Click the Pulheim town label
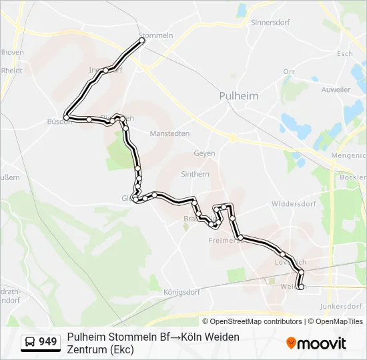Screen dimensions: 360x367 (x=238, y=96)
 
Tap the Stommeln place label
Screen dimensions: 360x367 (x=155, y=35)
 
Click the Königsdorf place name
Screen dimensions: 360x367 (x=181, y=292)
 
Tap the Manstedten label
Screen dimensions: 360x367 (x=169, y=133)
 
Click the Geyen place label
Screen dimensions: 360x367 (x=204, y=153)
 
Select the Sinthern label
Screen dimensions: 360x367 (x=195, y=174)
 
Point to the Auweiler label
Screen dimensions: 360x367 (x=335, y=89)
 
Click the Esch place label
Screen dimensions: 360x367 (x=345, y=54)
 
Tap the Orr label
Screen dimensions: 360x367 (x=289, y=71)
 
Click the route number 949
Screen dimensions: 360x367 (x=48, y=342)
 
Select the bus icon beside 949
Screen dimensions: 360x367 (x=30, y=343)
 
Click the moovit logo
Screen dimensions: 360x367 (x=316, y=343)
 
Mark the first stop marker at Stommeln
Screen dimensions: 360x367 (x=142, y=41)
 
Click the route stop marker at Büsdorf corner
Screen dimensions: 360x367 (x=66, y=117)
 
